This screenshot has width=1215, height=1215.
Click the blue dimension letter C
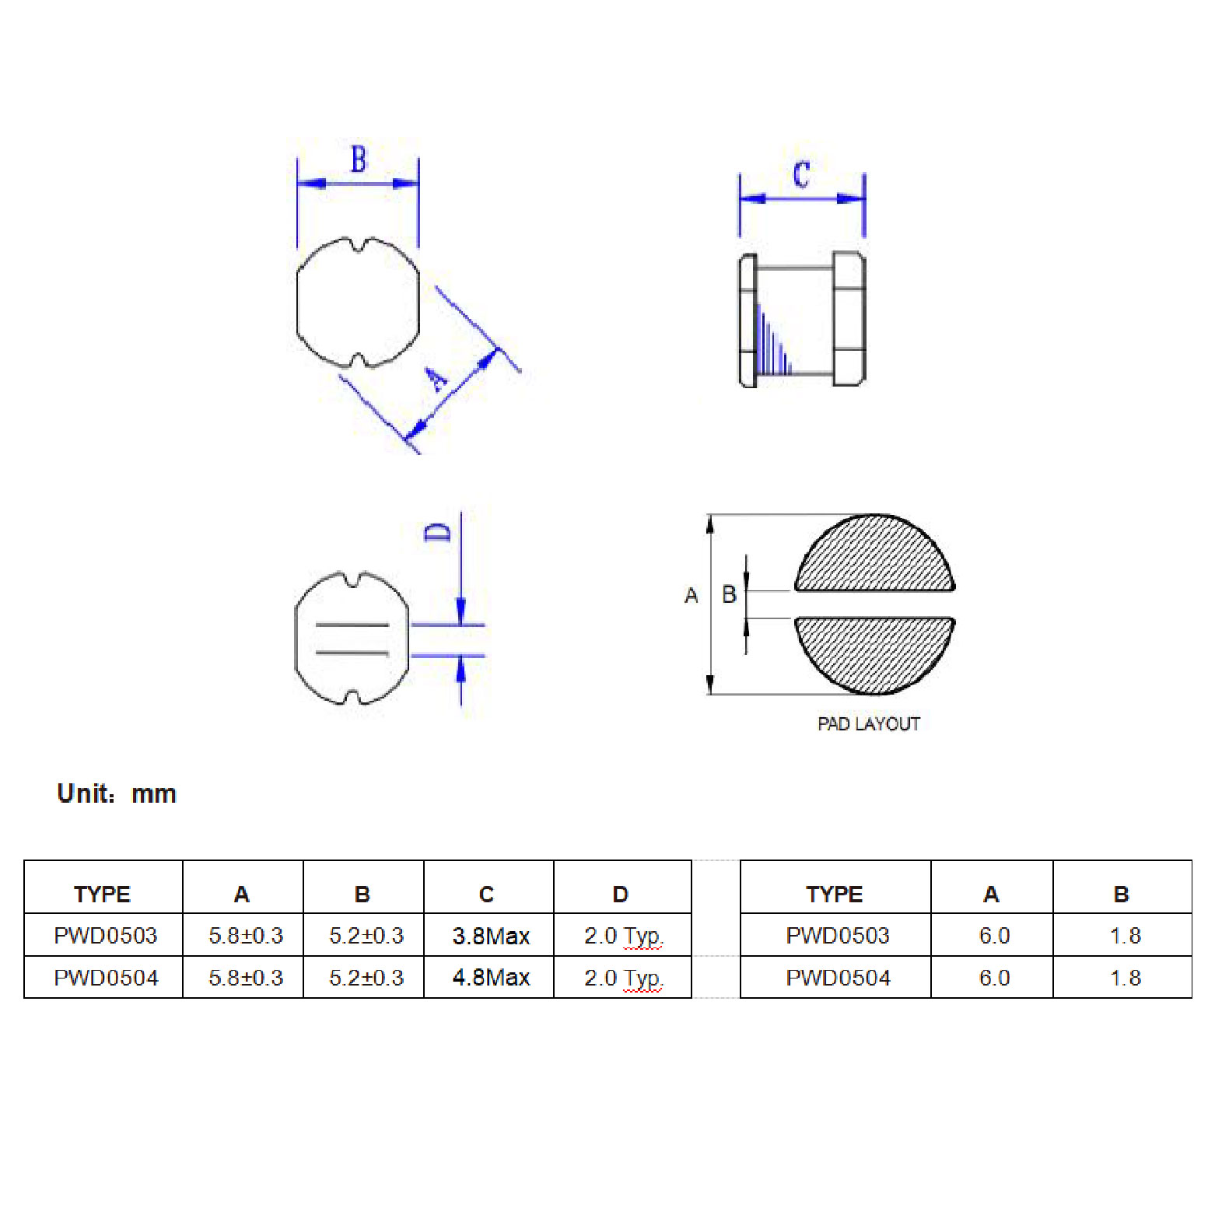click(x=802, y=175)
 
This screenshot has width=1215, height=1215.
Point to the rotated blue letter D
click(x=438, y=532)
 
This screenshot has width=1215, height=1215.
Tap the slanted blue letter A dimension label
click(x=436, y=379)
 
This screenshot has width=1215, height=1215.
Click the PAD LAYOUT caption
click(x=869, y=724)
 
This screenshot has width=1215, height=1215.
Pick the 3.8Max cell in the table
click(x=491, y=936)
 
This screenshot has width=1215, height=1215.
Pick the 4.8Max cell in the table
click(x=491, y=978)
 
